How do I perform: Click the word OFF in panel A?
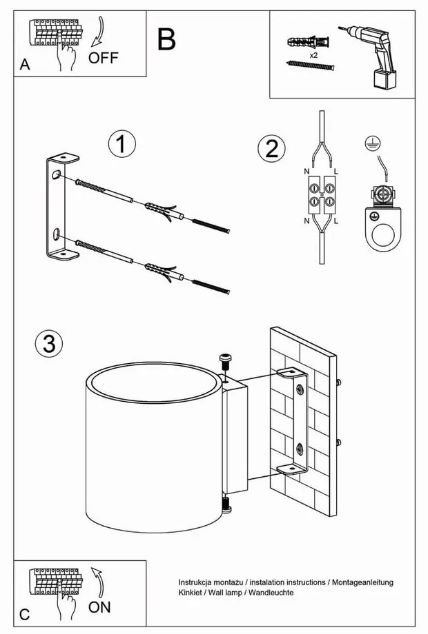[x=104, y=57]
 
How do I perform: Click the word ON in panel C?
[x=99, y=607]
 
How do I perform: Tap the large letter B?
[x=166, y=39]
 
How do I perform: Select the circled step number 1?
[x=121, y=145]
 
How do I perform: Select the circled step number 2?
[x=271, y=148]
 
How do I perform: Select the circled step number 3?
[x=48, y=343]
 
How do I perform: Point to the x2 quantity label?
[x=313, y=54]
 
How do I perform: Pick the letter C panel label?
[x=24, y=615]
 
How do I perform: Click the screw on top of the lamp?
[x=224, y=361]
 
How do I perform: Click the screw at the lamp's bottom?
[x=226, y=507]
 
